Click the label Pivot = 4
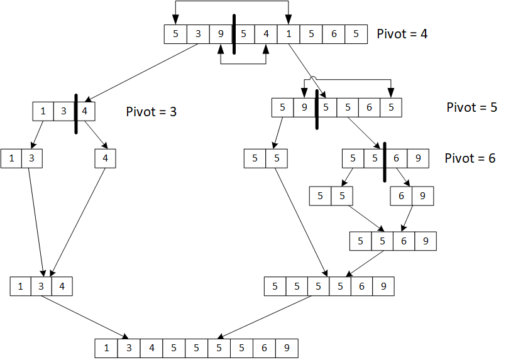pos(402,34)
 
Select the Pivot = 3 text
pos(151,112)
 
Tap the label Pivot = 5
pos(471,107)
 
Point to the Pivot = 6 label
pos(470,158)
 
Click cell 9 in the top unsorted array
pos(221,34)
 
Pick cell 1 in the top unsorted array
pos(289,34)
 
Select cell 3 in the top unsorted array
pos(198,34)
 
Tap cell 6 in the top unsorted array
pos(333,34)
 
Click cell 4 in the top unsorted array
pos(266,34)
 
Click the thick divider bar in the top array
pos(233,34)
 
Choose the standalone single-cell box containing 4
pos(106,158)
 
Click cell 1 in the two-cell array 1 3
pos(12,158)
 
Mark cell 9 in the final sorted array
pos(287,348)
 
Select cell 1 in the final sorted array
pos(106,348)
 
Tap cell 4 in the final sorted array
pos(151,348)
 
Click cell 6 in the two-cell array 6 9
pos(401,196)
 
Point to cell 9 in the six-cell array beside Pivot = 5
pos(304,107)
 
